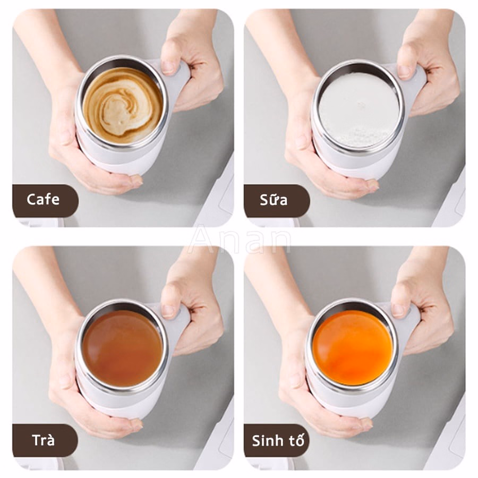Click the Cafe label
pos(43,200)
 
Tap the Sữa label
pos(274,200)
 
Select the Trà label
pos(44,440)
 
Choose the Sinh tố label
pos(278,441)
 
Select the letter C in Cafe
pos(31,200)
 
